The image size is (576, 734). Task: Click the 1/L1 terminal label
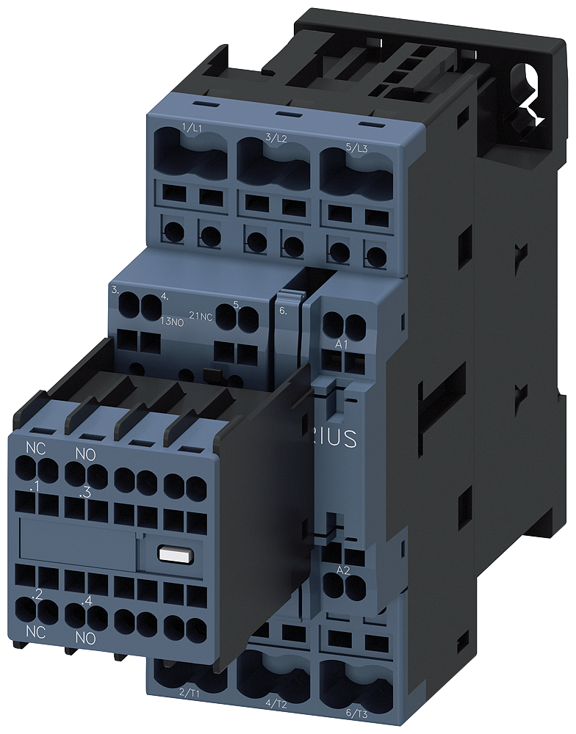(x=192, y=128)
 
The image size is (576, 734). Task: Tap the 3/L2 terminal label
(x=276, y=138)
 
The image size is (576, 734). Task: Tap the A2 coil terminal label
(x=342, y=570)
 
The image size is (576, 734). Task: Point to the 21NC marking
(x=201, y=316)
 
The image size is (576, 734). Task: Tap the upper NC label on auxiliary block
(x=35, y=447)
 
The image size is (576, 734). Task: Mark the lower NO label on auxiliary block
(x=86, y=639)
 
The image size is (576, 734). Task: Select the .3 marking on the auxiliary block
(x=85, y=493)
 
